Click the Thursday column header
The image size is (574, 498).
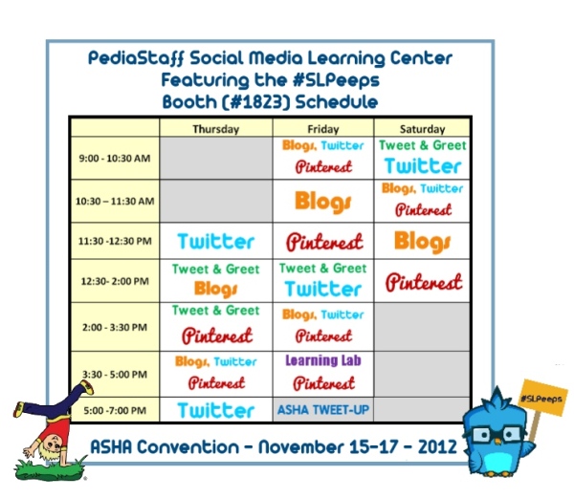215,129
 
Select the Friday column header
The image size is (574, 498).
323,129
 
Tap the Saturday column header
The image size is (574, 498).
422,129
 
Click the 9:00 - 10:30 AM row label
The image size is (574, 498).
115,159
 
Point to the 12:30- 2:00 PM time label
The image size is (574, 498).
115,281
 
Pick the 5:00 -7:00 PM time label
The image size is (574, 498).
115,410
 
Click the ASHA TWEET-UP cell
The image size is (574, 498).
323,410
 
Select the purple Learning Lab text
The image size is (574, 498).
323,360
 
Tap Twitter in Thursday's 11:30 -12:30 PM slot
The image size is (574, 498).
216,242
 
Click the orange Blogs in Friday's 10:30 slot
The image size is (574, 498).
323,202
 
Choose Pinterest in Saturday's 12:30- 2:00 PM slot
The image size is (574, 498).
424,282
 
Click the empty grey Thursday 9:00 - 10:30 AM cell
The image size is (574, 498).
216,159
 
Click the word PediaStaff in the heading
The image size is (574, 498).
137,58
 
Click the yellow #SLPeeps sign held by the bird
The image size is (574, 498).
542,398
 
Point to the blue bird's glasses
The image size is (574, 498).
497,434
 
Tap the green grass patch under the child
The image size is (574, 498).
50,470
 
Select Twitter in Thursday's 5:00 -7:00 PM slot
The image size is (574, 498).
216,410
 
